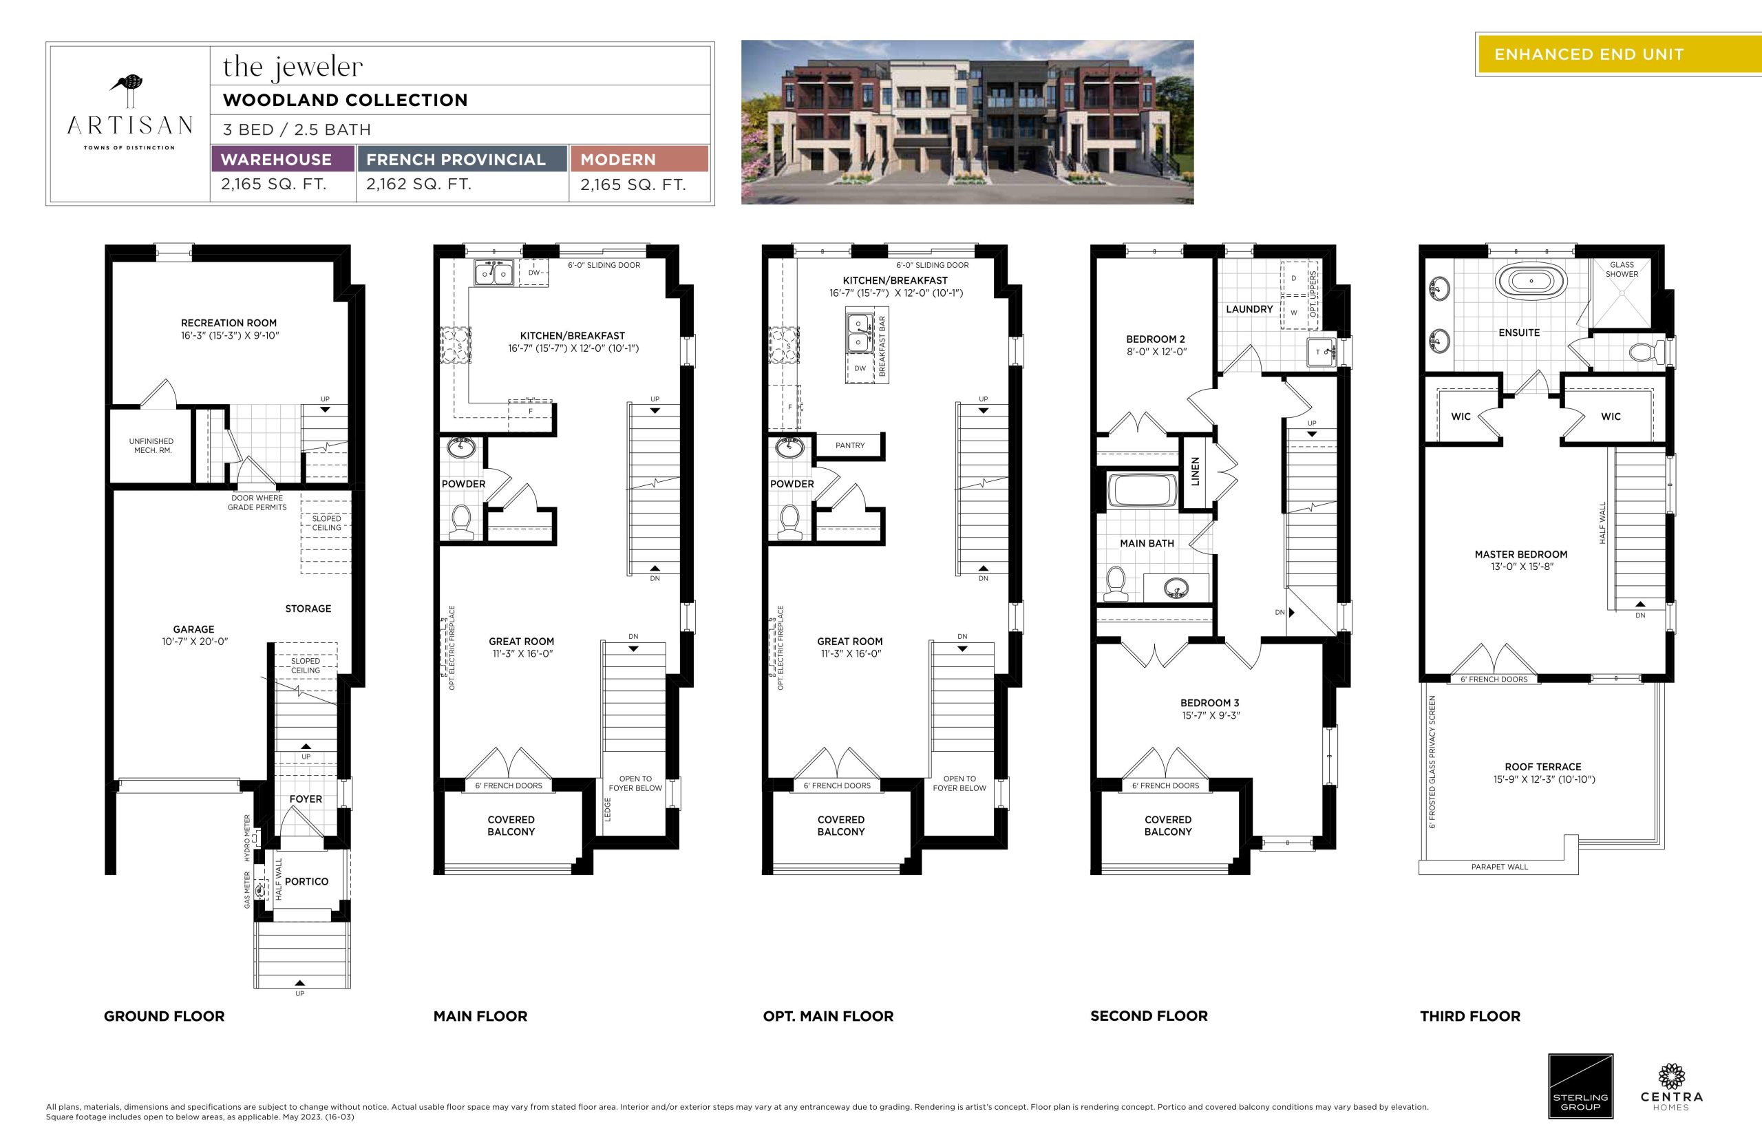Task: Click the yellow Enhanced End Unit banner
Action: click(1619, 54)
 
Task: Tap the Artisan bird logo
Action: click(127, 90)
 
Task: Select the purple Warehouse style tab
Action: click(282, 159)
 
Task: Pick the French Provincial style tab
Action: click(462, 159)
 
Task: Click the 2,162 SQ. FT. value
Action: click(419, 184)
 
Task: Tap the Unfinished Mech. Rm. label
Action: click(151, 445)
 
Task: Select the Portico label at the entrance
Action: click(306, 882)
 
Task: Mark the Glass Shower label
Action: click(1622, 269)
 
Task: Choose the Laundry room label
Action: click(1249, 309)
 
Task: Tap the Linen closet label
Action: click(1195, 472)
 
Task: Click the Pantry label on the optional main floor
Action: click(849, 445)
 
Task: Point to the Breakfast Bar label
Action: click(882, 346)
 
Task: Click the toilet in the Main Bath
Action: click(1114, 583)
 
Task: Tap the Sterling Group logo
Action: click(1581, 1087)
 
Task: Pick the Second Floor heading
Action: click(1149, 1016)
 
